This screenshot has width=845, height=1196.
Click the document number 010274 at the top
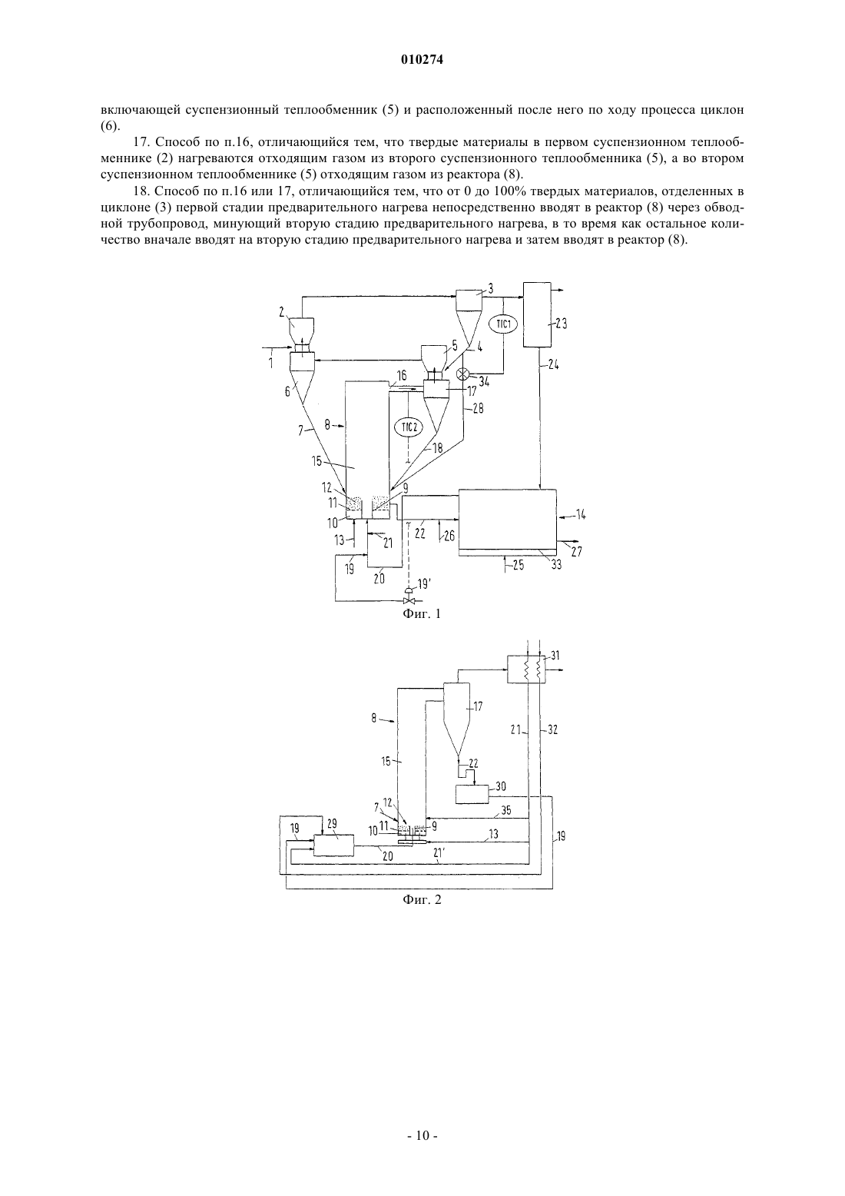pos(422,60)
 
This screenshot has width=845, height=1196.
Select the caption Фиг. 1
pos(422,613)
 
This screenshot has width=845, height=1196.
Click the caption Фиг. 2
pos(422,899)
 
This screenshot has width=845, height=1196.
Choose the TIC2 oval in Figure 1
pos(409,427)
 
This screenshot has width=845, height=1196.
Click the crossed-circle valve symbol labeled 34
pos(462,375)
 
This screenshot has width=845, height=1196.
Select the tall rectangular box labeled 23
pos(538,314)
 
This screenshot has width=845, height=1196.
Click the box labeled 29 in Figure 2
pos(333,845)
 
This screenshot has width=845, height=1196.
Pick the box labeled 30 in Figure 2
pos(472,794)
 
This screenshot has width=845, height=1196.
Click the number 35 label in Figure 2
pos(505,810)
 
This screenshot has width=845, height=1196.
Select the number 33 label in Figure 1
pos(556,565)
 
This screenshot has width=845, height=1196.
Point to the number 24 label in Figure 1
pos(553,365)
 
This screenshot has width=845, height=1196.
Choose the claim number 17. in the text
pos(141,142)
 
